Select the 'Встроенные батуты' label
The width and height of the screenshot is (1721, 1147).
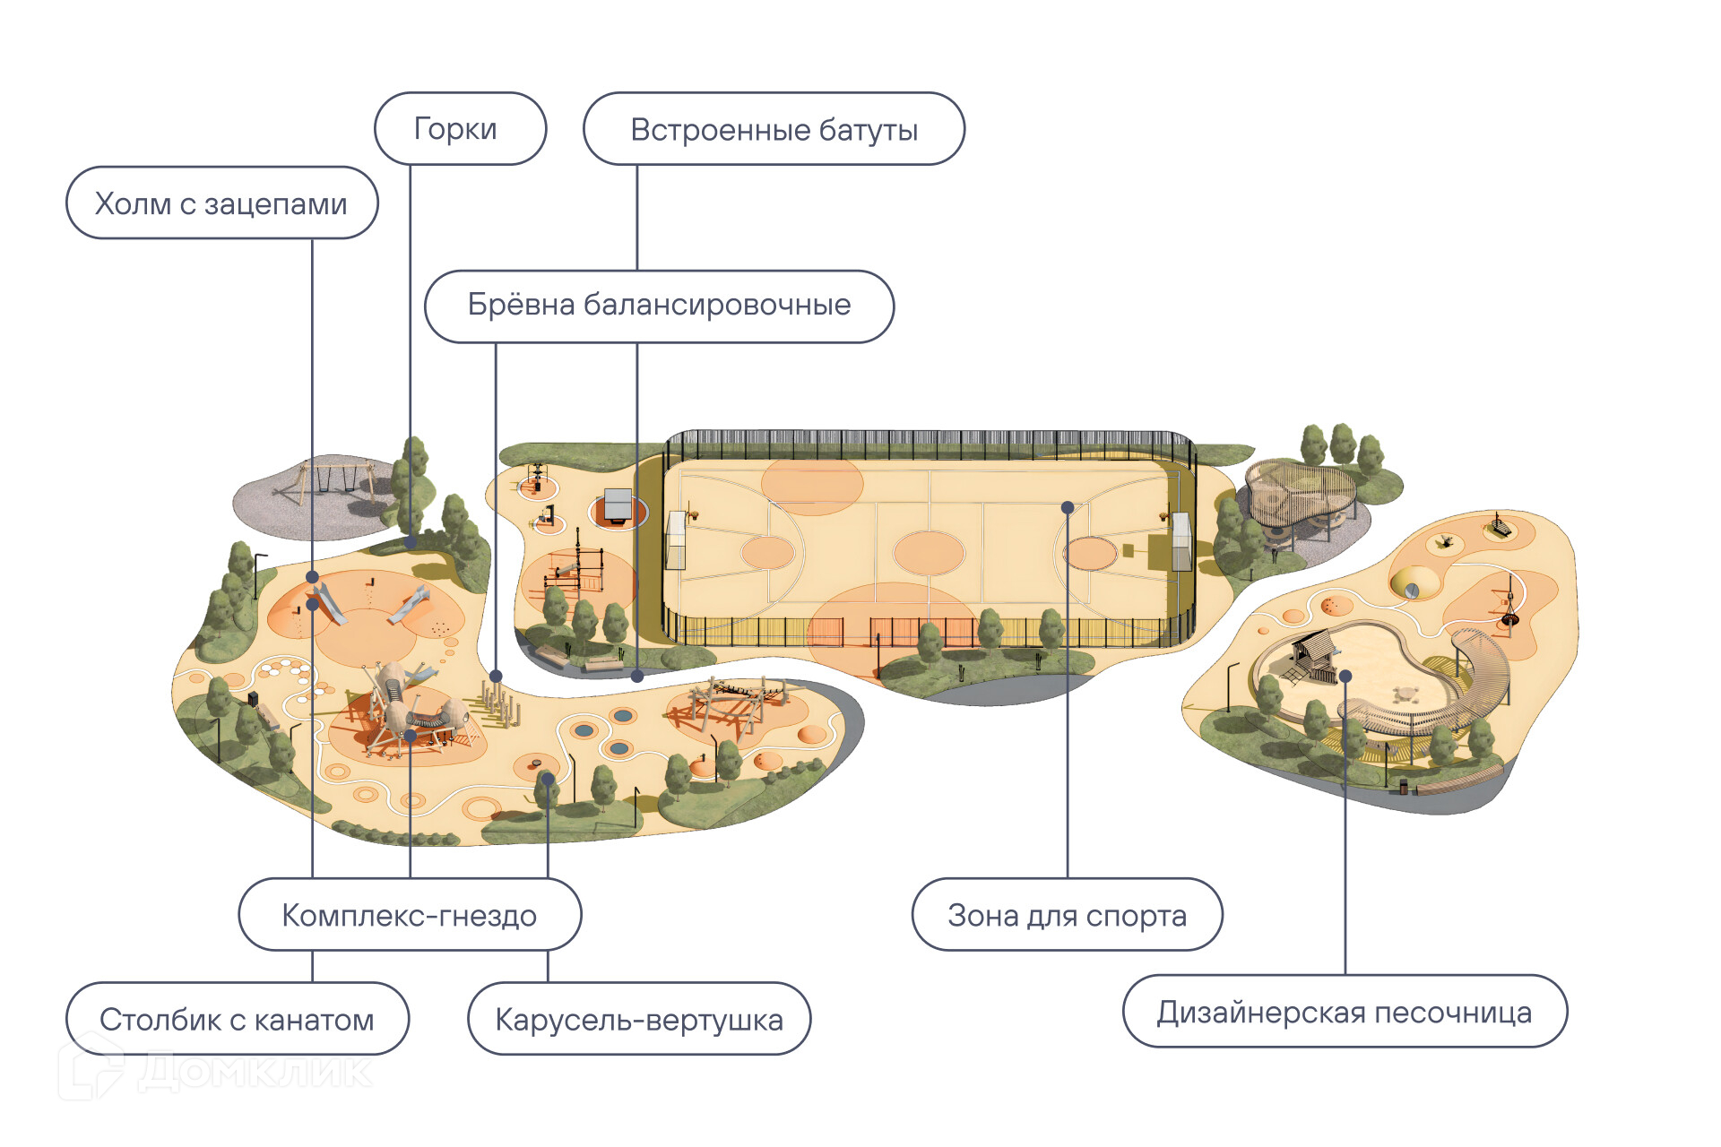coord(774,129)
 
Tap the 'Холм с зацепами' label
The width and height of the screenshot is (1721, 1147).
coord(221,203)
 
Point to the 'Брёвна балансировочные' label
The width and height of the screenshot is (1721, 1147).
coord(659,306)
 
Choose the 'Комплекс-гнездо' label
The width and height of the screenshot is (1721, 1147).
coord(410,915)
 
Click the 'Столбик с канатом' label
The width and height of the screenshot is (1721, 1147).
coord(237,1019)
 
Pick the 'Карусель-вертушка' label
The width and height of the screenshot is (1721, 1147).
coord(638,1019)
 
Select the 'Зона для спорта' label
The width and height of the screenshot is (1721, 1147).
coord(1067,915)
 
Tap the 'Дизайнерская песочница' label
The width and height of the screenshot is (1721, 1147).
coord(1345,1012)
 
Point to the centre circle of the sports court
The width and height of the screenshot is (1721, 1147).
coord(929,552)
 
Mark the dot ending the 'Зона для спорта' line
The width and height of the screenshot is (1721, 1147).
coord(1068,508)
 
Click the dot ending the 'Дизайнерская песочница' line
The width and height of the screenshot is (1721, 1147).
coord(1345,677)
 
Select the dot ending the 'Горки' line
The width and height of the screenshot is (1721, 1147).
coord(411,542)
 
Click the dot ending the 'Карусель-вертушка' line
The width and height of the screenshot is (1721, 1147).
coord(548,780)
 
